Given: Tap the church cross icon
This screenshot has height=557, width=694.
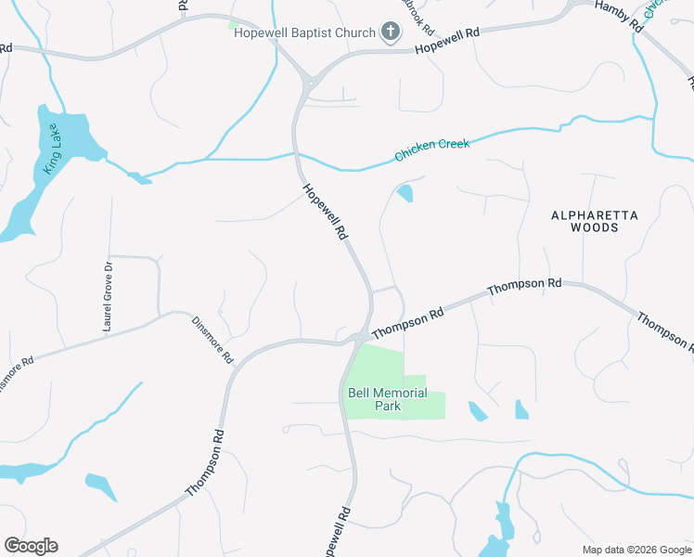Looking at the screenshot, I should pyautogui.click(x=391, y=33).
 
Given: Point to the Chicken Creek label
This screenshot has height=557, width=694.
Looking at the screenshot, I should pyautogui.click(x=432, y=149).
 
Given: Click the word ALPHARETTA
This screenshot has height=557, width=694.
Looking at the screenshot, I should pyautogui.click(x=595, y=215).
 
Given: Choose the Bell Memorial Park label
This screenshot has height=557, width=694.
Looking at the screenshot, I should pyautogui.click(x=387, y=399).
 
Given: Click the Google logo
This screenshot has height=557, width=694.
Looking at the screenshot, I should pyautogui.click(x=31, y=545).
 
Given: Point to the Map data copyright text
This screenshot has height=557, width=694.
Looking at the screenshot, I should pyautogui.click(x=636, y=549).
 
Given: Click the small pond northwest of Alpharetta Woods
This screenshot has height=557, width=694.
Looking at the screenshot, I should pyautogui.click(x=405, y=193).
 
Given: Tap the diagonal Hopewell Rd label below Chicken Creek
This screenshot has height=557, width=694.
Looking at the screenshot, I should pyautogui.click(x=325, y=214).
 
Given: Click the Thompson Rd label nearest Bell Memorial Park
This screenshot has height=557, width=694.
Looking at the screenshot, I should pyautogui.click(x=408, y=325).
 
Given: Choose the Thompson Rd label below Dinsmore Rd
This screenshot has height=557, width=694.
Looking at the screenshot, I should pyautogui.click(x=205, y=461).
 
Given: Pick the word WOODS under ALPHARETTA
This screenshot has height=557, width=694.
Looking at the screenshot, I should pyautogui.click(x=594, y=227).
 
